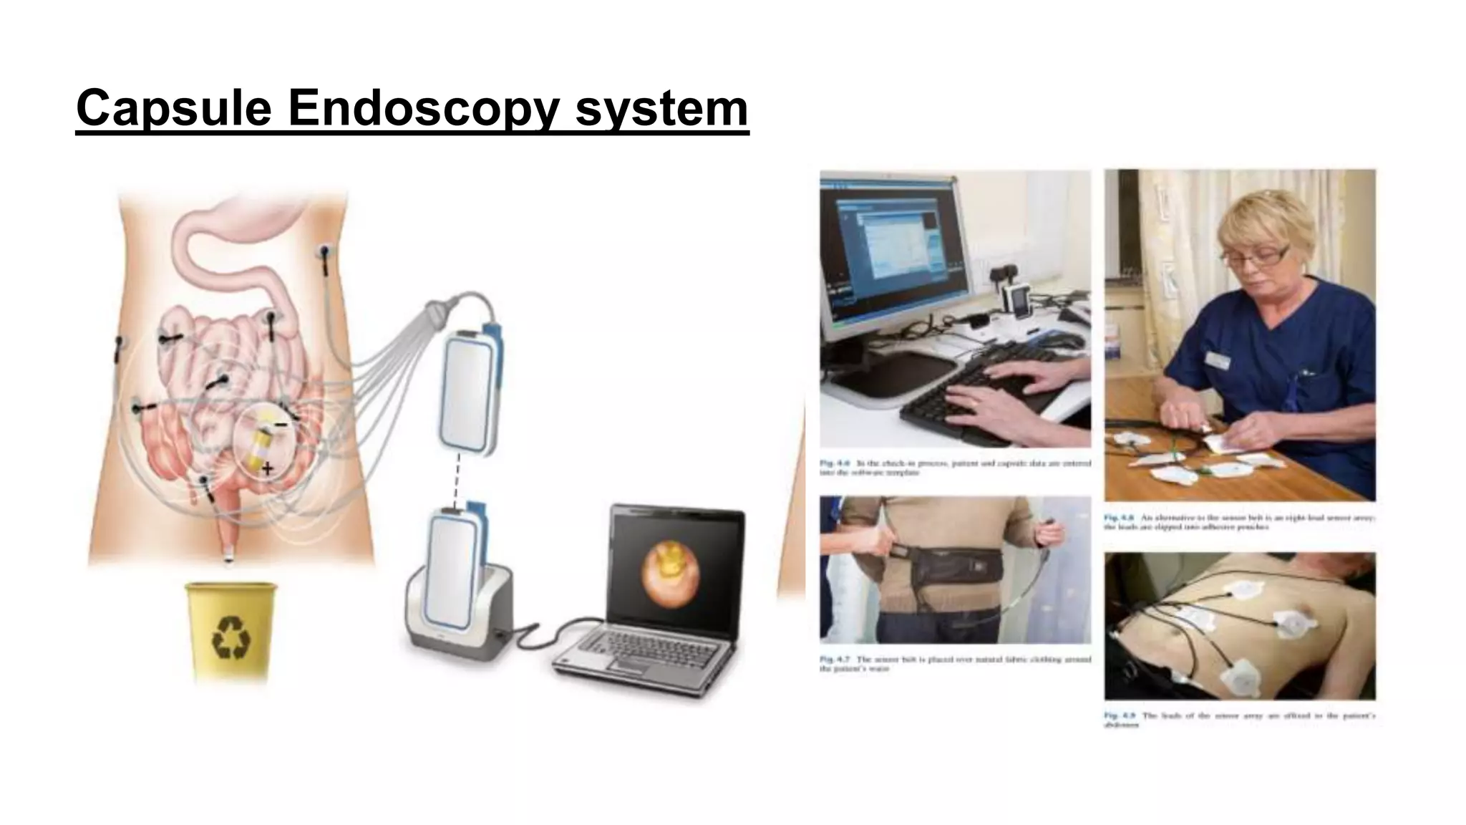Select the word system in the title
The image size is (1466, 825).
(x=661, y=109)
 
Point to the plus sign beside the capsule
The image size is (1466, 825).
(x=267, y=470)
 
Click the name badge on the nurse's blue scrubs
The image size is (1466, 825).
(x=1218, y=360)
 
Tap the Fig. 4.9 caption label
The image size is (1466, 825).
(x=1119, y=715)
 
